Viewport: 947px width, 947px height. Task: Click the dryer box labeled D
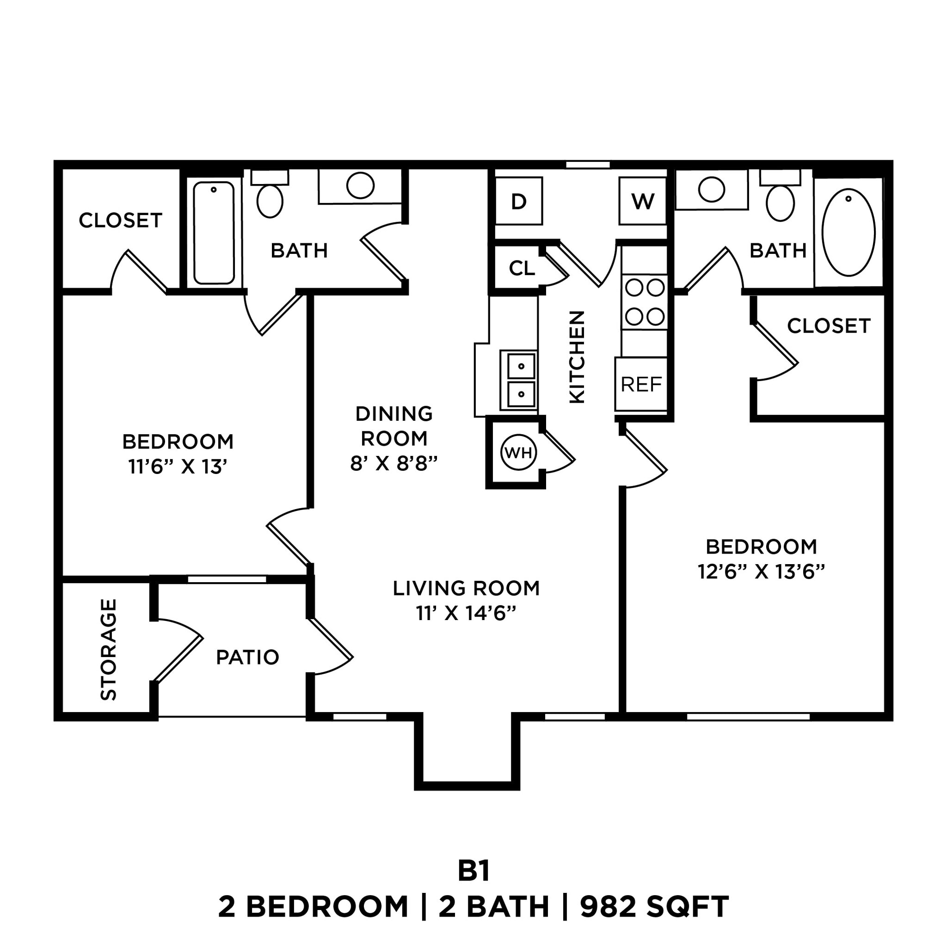point(519,201)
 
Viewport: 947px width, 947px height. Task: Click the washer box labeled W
point(643,201)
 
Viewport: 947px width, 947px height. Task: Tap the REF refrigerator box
point(641,384)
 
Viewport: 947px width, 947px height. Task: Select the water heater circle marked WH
point(518,452)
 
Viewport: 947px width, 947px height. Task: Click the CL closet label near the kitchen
point(522,268)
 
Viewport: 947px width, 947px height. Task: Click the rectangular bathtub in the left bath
point(214,233)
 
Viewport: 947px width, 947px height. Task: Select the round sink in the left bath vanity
point(360,185)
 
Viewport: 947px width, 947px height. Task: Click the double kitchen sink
point(519,381)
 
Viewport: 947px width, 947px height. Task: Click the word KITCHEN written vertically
point(578,357)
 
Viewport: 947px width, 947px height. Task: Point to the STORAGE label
point(108,650)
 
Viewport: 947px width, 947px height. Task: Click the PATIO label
point(247,658)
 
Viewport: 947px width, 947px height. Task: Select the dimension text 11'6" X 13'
point(178,467)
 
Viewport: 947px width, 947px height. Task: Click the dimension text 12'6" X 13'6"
point(761,572)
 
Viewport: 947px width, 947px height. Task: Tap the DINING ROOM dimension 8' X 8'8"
point(394,463)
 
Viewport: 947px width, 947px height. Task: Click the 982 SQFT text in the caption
point(654,907)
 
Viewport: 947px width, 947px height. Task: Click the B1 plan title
point(473,871)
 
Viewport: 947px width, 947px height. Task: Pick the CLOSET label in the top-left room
point(121,221)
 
